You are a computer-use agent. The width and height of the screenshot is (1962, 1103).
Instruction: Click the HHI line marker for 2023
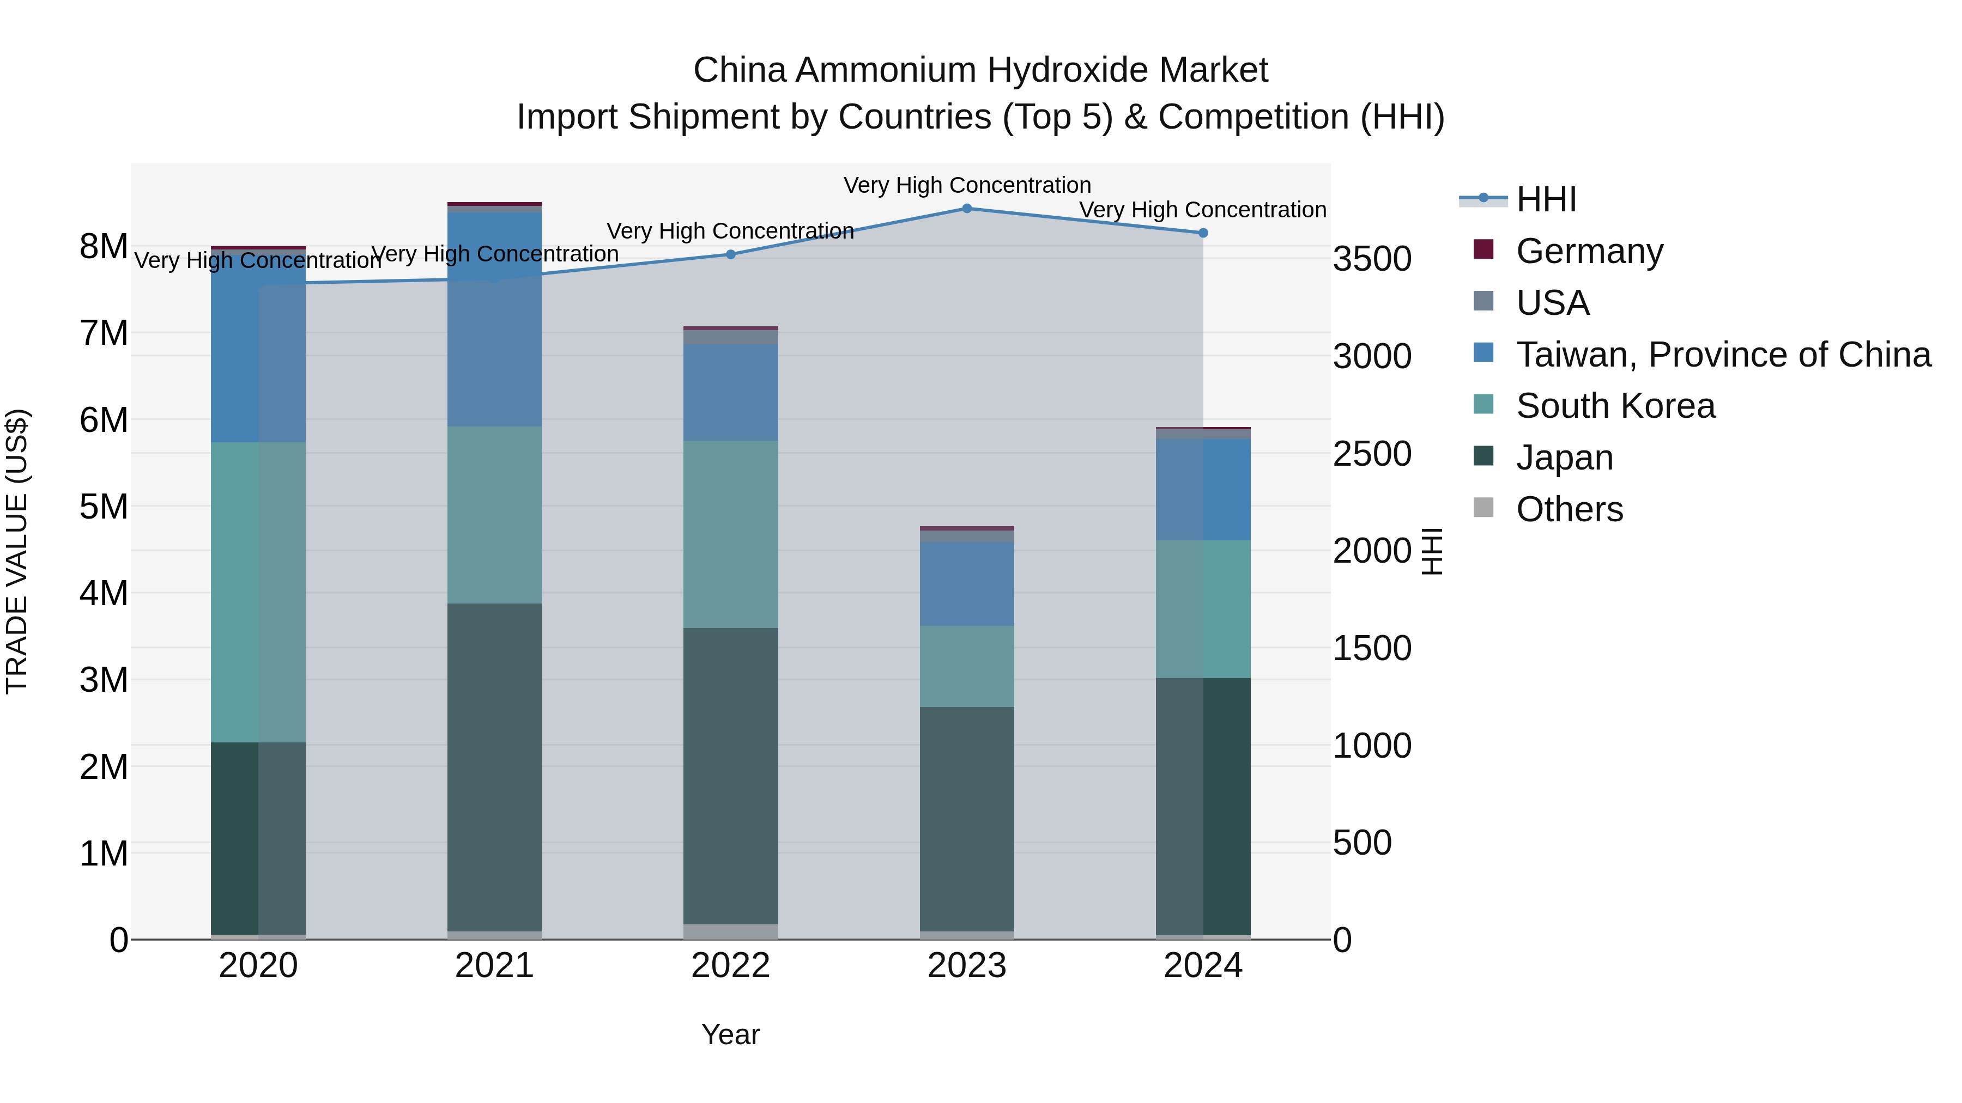click(966, 209)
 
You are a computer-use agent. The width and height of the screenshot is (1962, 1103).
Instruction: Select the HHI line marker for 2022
click(730, 254)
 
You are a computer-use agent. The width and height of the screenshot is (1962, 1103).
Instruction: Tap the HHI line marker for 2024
click(1203, 233)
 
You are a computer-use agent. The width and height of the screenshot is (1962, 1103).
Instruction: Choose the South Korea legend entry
click(1615, 406)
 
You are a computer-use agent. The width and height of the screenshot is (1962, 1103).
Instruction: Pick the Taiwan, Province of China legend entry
click(1723, 355)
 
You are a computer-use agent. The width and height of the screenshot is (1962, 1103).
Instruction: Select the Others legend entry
click(1569, 509)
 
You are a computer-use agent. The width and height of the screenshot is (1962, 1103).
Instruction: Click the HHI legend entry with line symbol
click(1546, 199)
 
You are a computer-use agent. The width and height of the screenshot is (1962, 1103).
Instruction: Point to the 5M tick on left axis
click(104, 506)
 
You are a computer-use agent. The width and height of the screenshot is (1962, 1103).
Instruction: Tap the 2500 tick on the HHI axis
click(1372, 454)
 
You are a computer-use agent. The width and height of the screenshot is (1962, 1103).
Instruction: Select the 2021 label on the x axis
click(494, 966)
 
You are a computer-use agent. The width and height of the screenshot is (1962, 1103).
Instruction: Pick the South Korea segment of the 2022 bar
click(730, 534)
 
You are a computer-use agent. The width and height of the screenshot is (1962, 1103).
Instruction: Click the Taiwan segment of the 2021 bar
click(494, 320)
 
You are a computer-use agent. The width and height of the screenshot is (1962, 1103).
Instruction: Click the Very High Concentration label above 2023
click(966, 185)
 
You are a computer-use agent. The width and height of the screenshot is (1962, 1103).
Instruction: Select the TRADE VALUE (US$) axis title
click(17, 551)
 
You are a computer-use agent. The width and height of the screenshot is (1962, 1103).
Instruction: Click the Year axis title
click(730, 1034)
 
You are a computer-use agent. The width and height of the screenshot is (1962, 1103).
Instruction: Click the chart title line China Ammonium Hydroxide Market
click(980, 70)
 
